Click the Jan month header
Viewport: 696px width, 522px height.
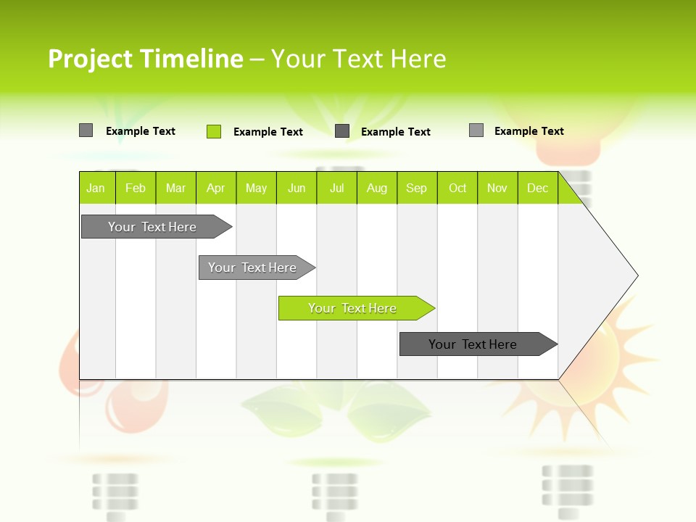point(96,188)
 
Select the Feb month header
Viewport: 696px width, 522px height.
point(136,188)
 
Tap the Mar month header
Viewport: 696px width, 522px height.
point(175,188)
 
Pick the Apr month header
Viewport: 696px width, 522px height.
point(216,188)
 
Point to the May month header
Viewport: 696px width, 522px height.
point(256,188)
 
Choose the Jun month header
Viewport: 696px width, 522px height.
point(297,188)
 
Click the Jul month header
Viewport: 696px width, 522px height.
point(336,188)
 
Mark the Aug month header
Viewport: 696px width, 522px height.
point(377,188)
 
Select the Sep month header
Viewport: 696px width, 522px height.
point(417,188)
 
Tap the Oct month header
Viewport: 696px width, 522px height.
point(457,188)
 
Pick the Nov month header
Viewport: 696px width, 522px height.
point(497,188)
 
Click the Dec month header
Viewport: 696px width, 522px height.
point(538,188)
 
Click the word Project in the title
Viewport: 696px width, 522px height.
point(91,59)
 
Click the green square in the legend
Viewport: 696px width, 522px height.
point(214,131)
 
